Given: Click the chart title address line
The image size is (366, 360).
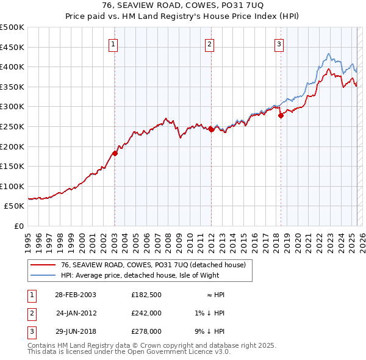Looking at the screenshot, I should [x=182, y=5].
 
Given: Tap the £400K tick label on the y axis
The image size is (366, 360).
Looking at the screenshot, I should [x=12, y=67].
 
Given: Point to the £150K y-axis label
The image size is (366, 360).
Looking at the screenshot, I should [x=12, y=166].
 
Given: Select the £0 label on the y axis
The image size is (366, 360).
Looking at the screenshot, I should [x=18, y=226].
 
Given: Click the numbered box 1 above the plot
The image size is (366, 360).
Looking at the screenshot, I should [x=114, y=43].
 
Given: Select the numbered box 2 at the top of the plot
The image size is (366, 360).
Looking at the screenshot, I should [x=209, y=43].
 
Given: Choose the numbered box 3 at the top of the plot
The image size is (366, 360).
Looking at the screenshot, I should [x=279, y=43].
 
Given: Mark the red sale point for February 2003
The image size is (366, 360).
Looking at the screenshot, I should [x=115, y=153].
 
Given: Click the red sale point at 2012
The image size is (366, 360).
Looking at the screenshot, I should [x=211, y=129].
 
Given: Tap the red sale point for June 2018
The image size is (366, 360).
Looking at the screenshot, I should [x=281, y=115].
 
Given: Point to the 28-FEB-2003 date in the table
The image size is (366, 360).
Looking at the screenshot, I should [x=76, y=295].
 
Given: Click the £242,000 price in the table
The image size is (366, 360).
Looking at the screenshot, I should [x=146, y=313].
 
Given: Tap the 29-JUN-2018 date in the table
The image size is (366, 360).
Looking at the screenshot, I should [x=76, y=331].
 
